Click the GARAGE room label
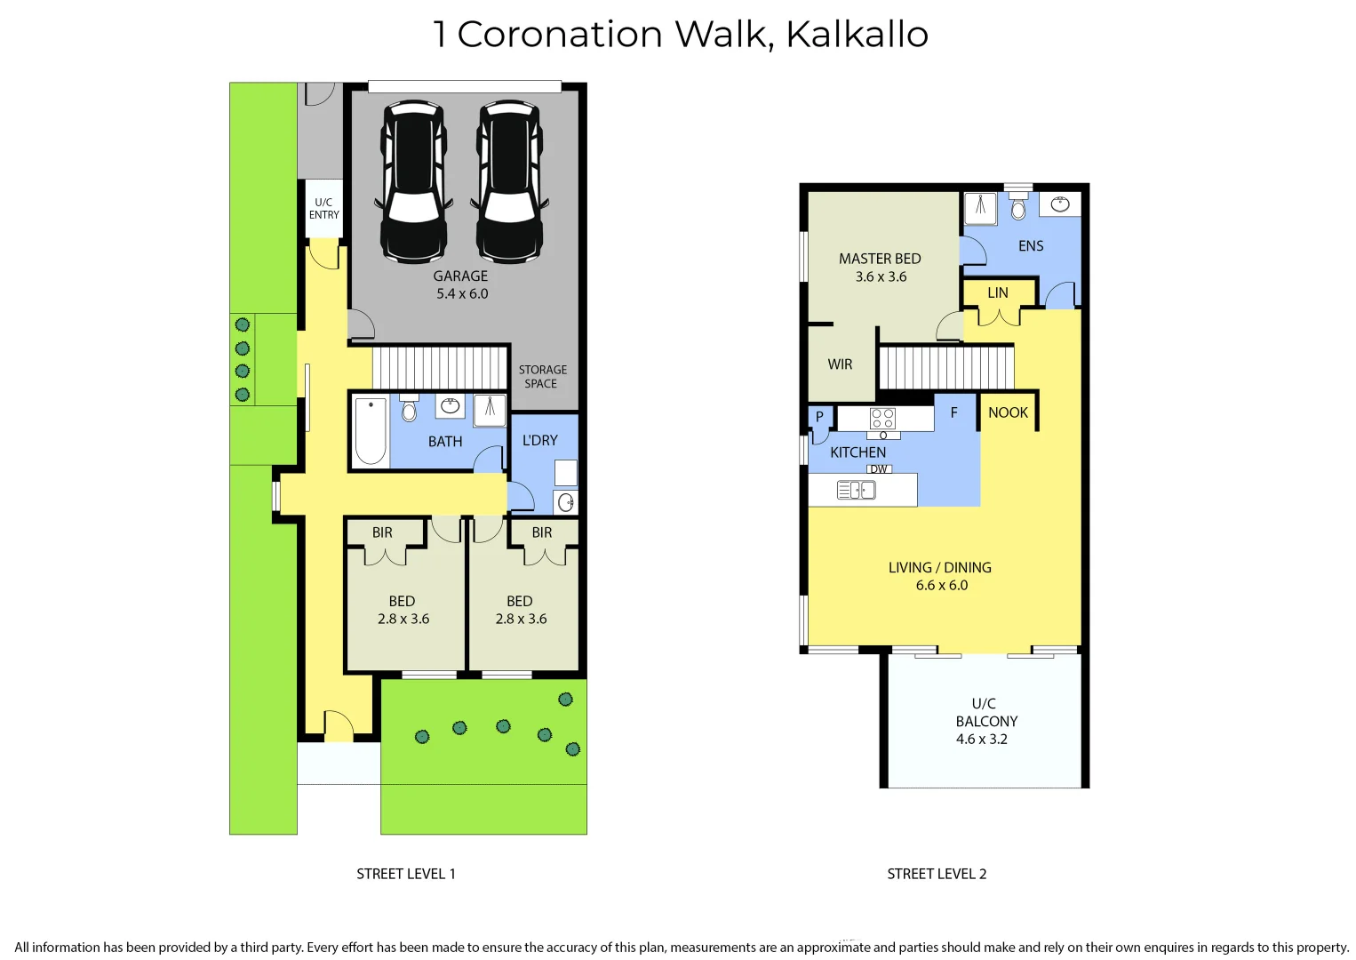[460, 276]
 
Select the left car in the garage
[413, 182]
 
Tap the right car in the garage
[509, 182]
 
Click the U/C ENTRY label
[323, 209]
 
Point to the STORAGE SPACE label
[542, 377]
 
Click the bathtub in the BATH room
[371, 431]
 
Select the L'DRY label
[539, 441]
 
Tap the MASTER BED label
[880, 259]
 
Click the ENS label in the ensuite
[1031, 246]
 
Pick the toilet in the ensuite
[1018, 207]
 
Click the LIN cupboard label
[998, 293]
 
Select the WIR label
[840, 364]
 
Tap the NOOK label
[1008, 412]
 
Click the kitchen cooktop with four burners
[882, 419]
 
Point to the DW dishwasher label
[879, 469]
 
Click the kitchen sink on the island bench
[856, 490]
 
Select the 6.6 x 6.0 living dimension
[941, 586]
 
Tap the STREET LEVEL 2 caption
[937, 874]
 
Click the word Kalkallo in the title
[857, 35]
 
